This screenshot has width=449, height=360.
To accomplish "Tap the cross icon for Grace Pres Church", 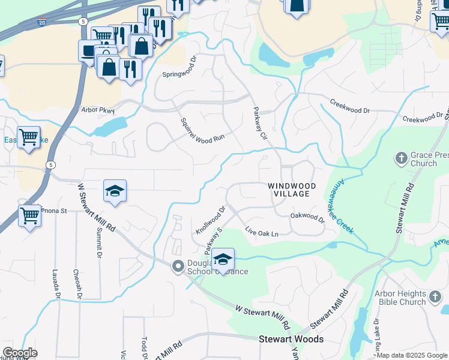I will pos(400,158).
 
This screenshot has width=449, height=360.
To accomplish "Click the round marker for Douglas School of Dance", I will pos(178,266).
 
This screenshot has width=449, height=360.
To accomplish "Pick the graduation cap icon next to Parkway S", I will pos(223,259).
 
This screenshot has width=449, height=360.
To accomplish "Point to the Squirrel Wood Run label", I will pos(202,130).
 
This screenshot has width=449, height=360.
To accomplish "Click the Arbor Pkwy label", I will pos(97,110).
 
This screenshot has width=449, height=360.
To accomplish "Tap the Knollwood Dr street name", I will pos(210,220).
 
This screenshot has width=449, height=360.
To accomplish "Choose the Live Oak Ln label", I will pos(262,232).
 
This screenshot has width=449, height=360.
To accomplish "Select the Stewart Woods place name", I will pos(291,339).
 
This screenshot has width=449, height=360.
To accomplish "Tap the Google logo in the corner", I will pos(20,353).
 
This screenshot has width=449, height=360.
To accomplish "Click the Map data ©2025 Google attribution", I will pos(412,355).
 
